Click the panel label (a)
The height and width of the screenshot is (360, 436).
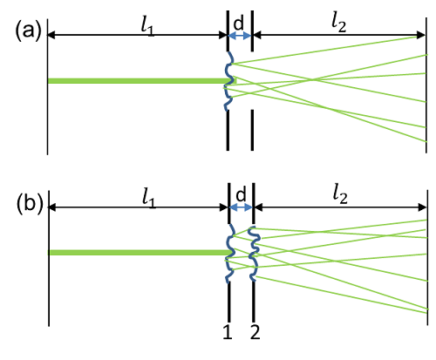[x=28, y=31]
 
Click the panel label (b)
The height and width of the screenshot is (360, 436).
[x=30, y=204]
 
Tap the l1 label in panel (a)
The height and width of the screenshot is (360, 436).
[x=147, y=28]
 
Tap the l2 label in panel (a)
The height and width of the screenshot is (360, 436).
[x=339, y=24]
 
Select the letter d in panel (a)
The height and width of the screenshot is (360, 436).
[x=239, y=23]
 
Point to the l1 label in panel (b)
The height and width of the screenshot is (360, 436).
[x=149, y=200]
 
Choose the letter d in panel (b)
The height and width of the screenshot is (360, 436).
[x=241, y=194]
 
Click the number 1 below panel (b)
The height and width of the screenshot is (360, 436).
[x=228, y=331]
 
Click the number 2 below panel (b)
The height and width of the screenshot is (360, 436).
[x=255, y=331]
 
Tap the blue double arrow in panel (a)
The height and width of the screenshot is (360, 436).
[x=240, y=36]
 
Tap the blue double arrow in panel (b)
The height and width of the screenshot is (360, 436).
[x=242, y=207]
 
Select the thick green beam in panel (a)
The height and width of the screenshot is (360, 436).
[x=142, y=80]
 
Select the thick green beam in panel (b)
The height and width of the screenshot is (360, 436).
[x=140, y=253]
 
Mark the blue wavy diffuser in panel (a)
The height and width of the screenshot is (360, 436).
[x=229, y=81]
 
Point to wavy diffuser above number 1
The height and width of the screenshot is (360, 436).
[x=230, y=253]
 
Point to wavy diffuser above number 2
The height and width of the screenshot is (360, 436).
[x=254, y=254]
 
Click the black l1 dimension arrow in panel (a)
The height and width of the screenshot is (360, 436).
[x=137, y=36]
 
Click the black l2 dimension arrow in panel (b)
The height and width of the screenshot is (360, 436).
[x=340, y=207]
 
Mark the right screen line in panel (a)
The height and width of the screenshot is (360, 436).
[x=426, y=85]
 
